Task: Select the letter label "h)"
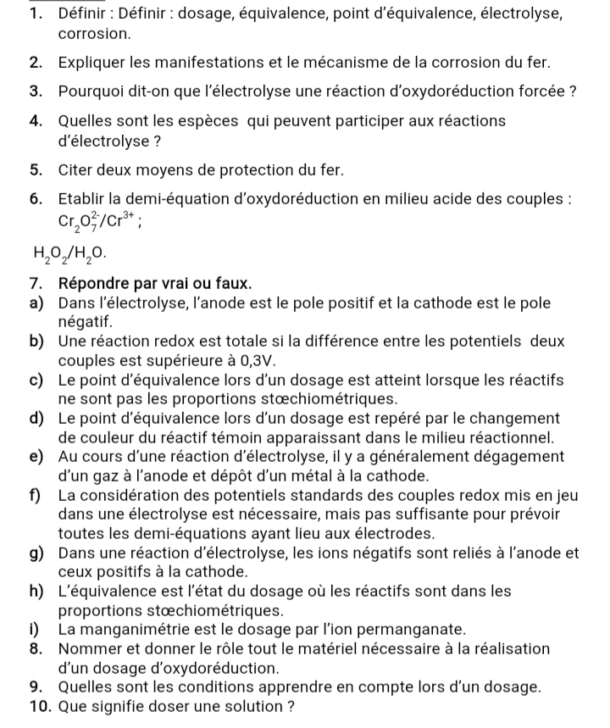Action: (x=37, y=592)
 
